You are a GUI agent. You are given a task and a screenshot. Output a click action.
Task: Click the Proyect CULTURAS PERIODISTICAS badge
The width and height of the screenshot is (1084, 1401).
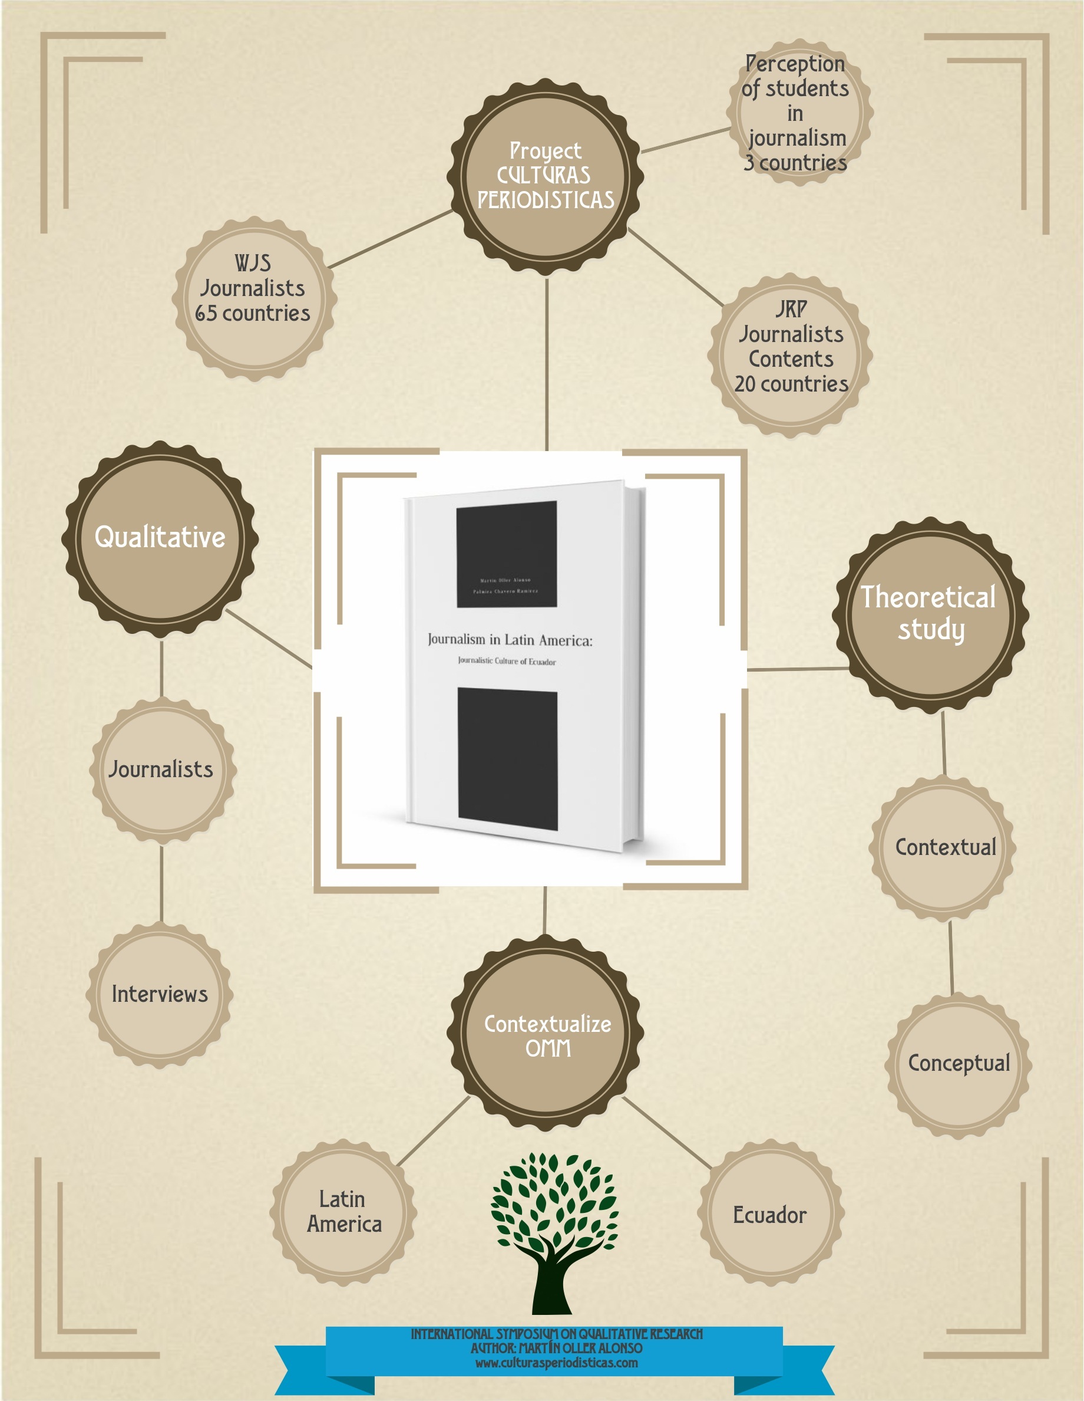pyautogui.click(x=546, y=176)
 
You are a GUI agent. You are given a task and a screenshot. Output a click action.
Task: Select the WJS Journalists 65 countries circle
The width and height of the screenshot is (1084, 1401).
pyautogui.click(x=255, y=300)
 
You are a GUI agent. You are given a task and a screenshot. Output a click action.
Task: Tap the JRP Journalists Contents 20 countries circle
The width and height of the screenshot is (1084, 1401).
pyautogui.click(x=791, y=356)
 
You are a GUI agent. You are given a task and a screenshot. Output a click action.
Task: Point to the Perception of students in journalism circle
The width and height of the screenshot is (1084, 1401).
pyautogui.click(x=799, y=113)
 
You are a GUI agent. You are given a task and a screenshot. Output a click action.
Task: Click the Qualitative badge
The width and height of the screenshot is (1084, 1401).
pyautogui.click(x=160, y=539)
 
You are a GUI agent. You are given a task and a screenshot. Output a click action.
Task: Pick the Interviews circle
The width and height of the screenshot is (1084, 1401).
pyautogui.click(x=160, y=994)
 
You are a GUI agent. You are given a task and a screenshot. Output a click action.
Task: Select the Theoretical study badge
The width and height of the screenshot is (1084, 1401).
pyautogui.click(x=930, y=614)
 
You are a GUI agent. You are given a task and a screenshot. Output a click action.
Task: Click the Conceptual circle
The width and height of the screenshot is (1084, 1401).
pyautogui.click(x=959, y=1064)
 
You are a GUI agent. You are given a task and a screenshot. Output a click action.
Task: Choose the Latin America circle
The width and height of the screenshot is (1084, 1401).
pyautogui.click(x=343, y=1212)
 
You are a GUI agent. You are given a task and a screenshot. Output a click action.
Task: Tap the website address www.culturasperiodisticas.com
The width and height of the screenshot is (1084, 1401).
pyautogui.click(x=556, y=1363)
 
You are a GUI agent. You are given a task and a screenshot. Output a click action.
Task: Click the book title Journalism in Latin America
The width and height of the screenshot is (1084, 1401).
pyautogui.click(x=510, y=640)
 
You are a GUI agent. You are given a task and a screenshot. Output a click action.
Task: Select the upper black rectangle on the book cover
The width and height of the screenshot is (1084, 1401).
pyautogui.click(x=507, y=554)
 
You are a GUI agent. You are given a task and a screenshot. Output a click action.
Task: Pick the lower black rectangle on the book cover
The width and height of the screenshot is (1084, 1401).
pyautogui.click(x=508, y=759)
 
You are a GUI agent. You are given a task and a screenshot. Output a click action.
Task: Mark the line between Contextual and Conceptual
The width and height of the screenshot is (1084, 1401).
pyautogui.click(x=951, y=957)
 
